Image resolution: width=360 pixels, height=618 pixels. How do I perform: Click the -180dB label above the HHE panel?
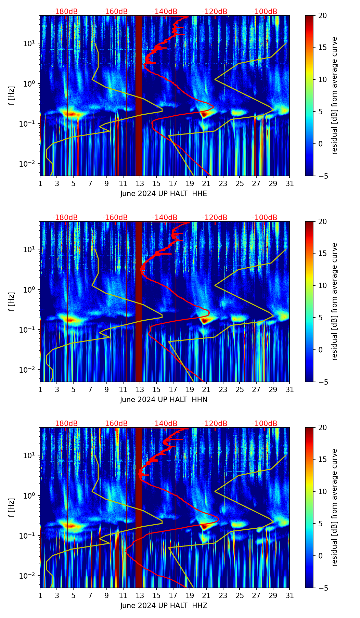[x=65, y=12]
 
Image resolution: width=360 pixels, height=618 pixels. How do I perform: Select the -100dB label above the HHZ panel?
[x=265, y=424]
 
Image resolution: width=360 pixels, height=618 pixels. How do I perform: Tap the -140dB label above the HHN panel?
[x=165, y=218]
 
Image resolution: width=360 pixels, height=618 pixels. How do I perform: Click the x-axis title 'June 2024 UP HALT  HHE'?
[x=164, y=194]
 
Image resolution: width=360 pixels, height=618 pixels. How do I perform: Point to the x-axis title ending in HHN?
[x=164, y=400]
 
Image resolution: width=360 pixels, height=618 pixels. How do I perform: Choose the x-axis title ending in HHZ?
[x=164, y=606]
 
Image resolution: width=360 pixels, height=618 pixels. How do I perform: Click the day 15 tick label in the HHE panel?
[x=156, y=184]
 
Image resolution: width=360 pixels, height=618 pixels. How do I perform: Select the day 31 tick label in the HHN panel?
[x=290, y=390]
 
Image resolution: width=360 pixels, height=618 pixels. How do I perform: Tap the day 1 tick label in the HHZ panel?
[x=40, y=596]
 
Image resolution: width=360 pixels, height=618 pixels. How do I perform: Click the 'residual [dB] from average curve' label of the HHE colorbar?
[x=335, y=96]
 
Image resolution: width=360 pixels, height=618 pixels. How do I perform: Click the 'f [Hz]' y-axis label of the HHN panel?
[x=12, y=301]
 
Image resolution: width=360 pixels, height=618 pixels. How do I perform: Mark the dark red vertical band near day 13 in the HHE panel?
[x=139, y=96]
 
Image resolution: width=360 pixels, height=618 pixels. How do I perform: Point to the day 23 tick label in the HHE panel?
[x=223, y=184]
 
